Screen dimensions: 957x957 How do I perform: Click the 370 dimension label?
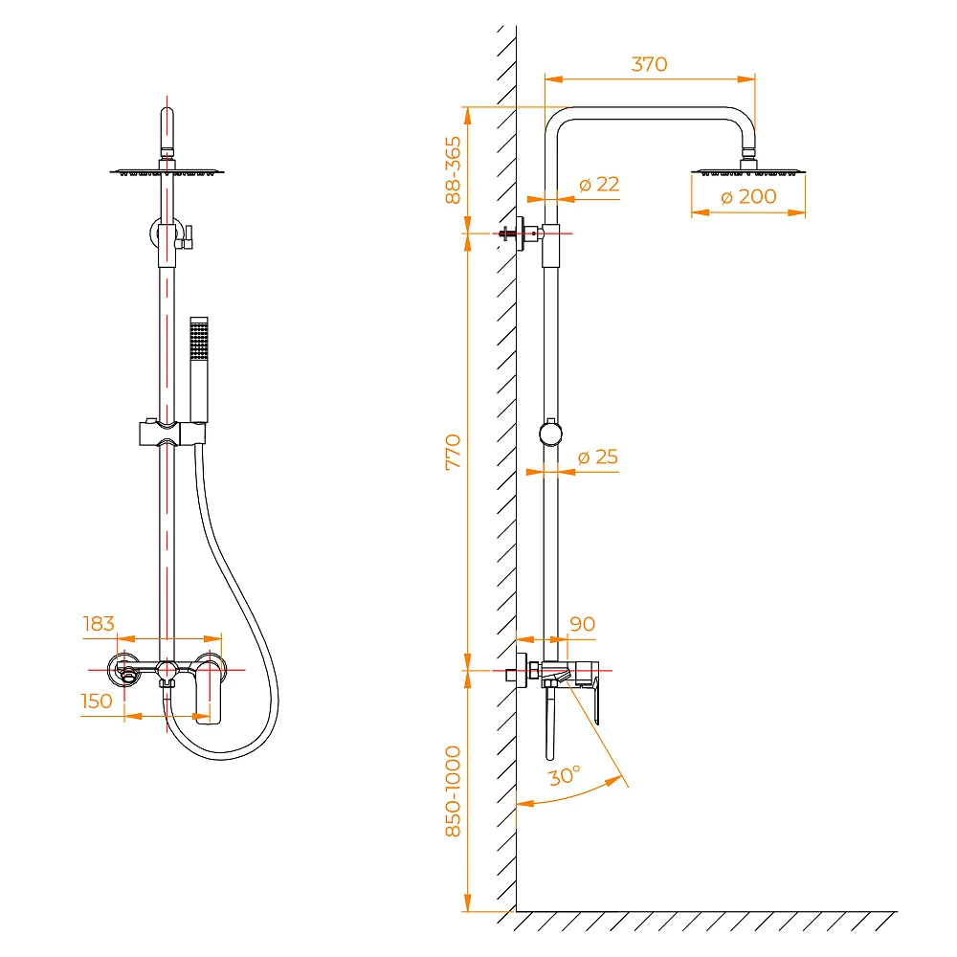coord(650,64)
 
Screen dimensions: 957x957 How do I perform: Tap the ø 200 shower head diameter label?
coord(748,196)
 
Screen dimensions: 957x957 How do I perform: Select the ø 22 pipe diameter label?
coord(599,184)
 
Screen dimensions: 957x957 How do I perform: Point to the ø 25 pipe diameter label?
coord(597,456)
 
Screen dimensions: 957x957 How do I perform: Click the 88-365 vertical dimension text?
coord(453,169)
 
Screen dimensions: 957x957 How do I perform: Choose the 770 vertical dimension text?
coord(453,452)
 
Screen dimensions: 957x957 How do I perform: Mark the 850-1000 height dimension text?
coord(453,791)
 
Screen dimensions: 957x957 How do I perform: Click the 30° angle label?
coord(564,776)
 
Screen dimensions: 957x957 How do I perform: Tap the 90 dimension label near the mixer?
coord(582,624)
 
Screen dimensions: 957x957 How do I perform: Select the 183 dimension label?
coord(99,623)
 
